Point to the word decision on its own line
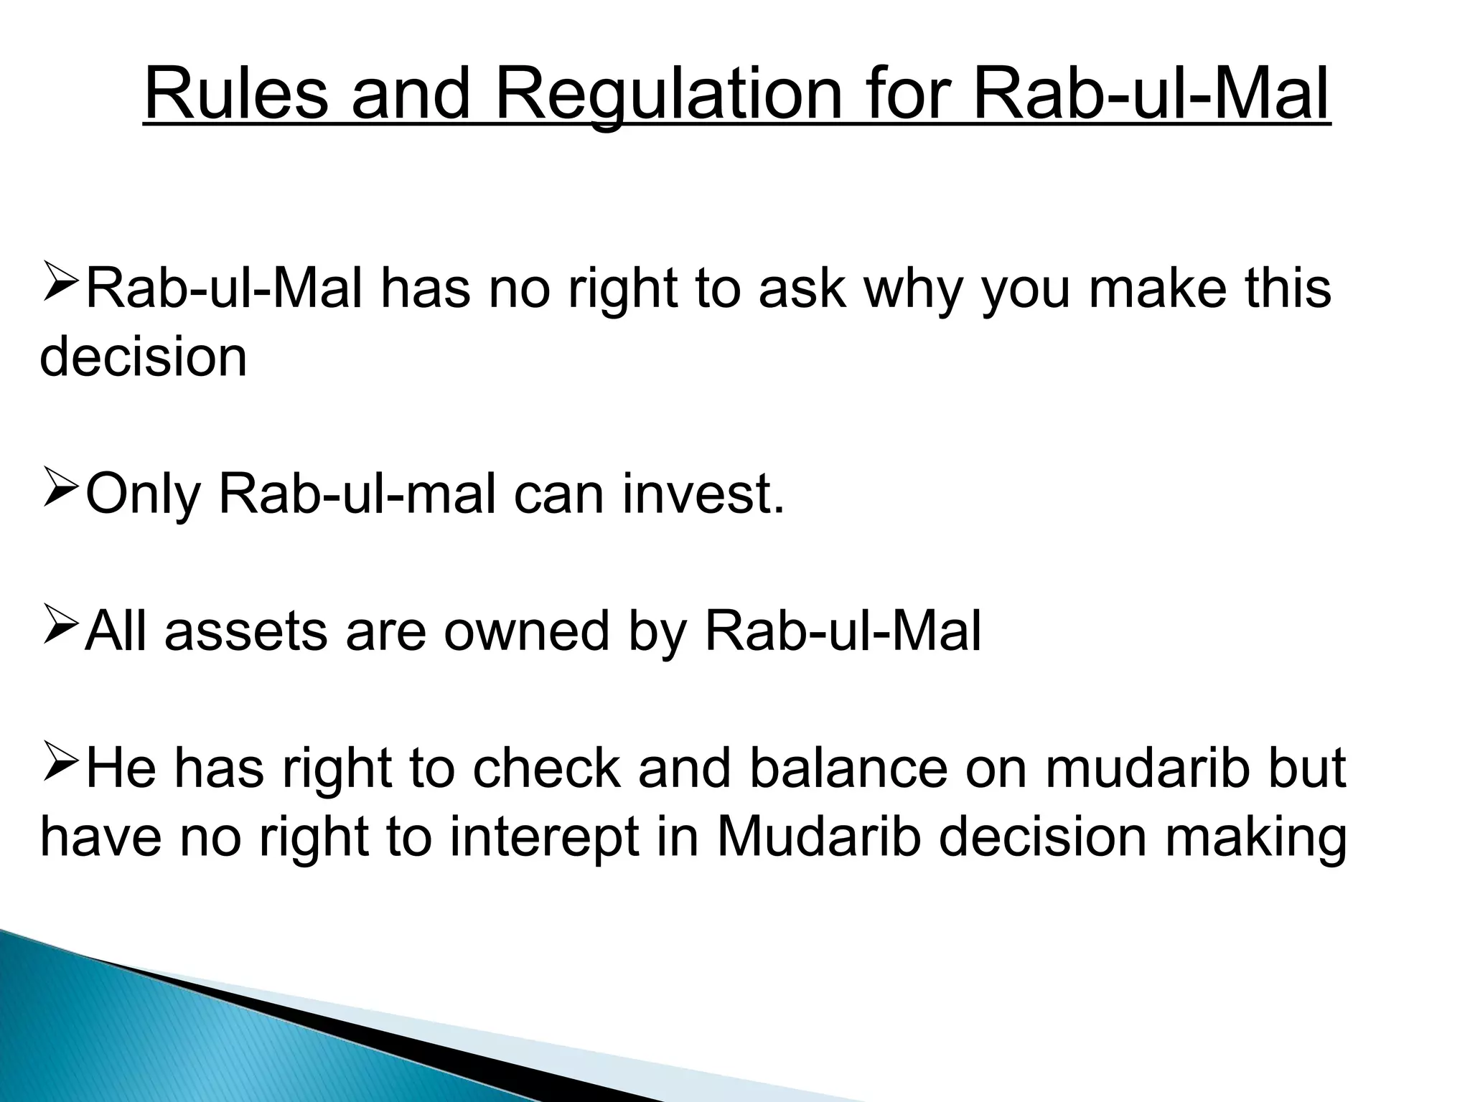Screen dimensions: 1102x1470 (143, 357)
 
